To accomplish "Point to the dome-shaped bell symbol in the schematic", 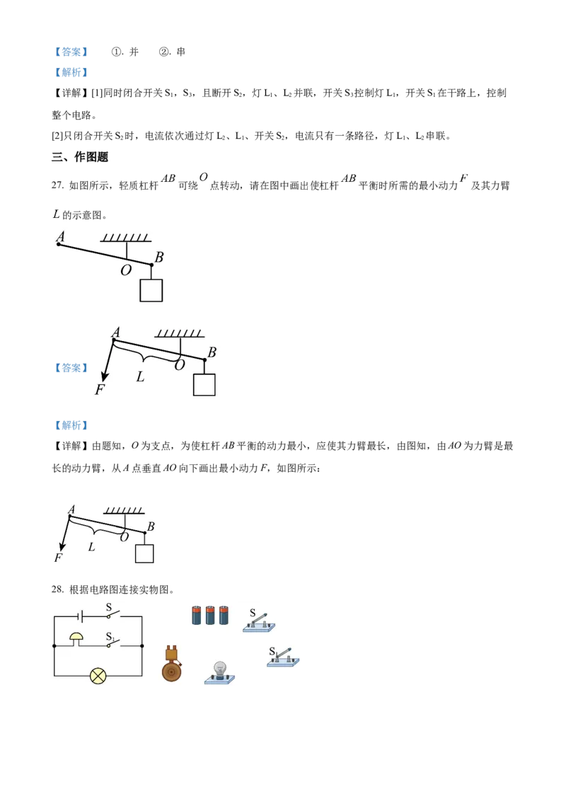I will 76,639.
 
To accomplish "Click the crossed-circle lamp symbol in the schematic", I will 98,676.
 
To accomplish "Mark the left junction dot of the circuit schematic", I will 54,646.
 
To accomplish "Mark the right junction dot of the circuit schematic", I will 142,646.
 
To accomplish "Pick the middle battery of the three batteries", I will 210,614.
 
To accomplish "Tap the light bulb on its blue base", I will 219,670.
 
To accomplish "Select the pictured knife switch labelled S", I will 258,623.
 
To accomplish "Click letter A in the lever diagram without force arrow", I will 60,237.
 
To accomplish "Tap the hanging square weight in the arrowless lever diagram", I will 151,290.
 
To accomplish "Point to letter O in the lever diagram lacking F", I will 125,270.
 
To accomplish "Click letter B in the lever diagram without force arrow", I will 159,258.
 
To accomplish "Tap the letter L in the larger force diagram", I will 140,377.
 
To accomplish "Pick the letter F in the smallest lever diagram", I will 58,558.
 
